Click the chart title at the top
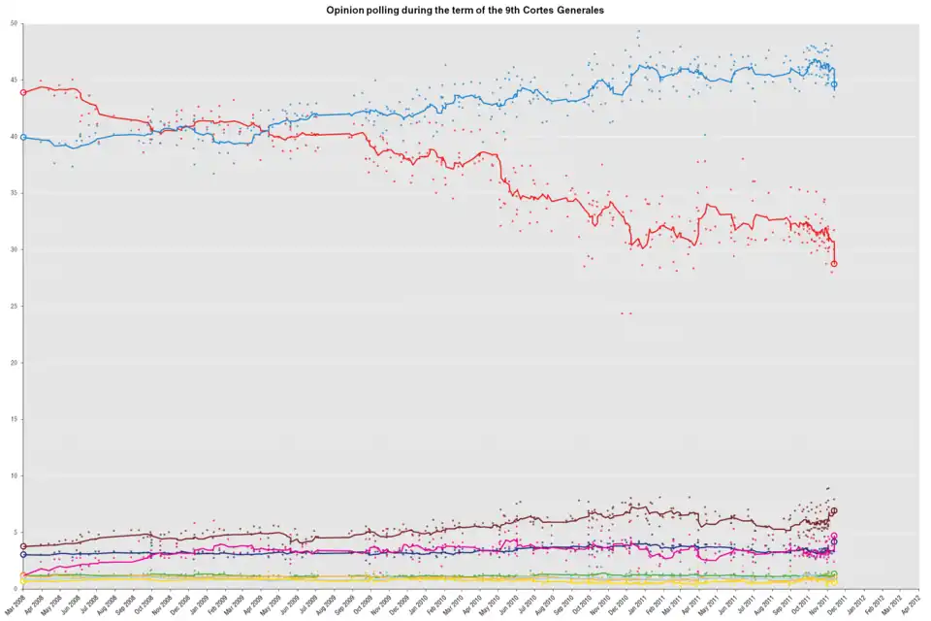click(465, 9)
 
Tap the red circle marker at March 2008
click(23, 91)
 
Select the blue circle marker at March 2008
click(23, 137)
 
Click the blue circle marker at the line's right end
click(834, 84)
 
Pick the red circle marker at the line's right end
click(834, 263)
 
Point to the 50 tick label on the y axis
click(14, 23)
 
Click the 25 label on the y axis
click(14, 307)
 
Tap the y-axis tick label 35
click(14, 193)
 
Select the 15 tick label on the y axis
click(14, 419)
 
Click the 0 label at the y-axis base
click(16, 588)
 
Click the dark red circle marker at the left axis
click(23, 546)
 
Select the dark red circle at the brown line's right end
click(834, 510)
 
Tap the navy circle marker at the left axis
click(23, 554)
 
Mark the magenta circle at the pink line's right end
click(834, 536)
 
